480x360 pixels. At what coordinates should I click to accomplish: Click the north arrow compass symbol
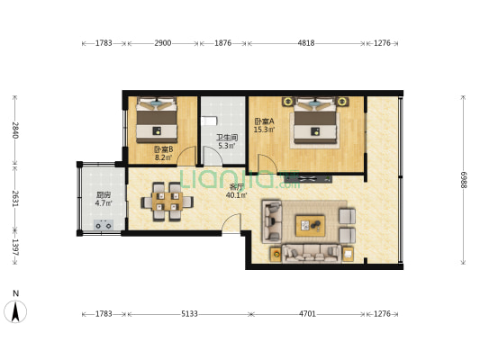tap(15, 311)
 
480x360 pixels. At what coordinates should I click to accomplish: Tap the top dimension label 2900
tap(162, 43)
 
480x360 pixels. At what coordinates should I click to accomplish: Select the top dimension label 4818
tap(306, 43)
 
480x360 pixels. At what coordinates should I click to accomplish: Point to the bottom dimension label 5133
tap(189, 314)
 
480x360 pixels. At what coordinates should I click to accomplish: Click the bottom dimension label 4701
tap(307, 314)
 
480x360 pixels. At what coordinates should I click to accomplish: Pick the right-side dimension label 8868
tap(463, 180)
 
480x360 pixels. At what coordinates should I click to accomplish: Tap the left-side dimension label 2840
tap(15, 130)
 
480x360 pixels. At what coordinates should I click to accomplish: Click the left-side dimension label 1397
tap(15, 247)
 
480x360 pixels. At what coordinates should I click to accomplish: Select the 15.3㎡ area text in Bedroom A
tap(264, 130)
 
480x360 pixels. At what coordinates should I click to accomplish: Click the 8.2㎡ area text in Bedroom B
tap(164, 157)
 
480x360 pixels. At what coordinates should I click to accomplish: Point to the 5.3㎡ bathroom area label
tap(227, 146)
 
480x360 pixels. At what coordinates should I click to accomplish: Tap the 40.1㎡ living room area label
tap(236, 194)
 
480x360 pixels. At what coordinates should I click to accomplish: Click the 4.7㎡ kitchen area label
tap(104, 202)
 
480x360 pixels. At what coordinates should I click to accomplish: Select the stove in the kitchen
tap(104, 225)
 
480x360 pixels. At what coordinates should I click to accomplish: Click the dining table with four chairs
tap(168, 202)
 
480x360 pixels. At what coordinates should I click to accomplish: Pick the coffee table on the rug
tap(310, 226)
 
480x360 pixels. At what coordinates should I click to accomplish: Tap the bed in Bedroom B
tap(157, 120)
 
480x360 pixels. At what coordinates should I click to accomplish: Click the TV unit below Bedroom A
tap(308, 178)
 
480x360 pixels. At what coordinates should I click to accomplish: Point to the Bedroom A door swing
tap(267, 163)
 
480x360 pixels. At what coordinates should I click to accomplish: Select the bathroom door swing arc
tap(213, 156)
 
